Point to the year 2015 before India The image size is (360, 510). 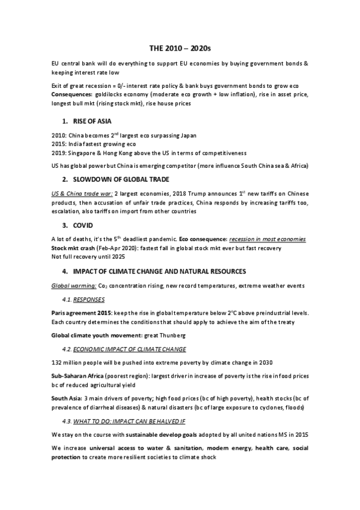[x=59, y=144]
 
